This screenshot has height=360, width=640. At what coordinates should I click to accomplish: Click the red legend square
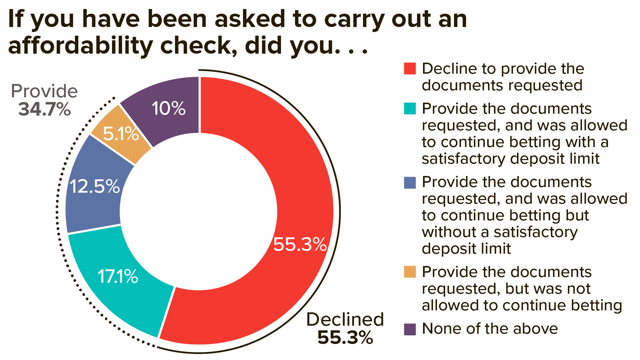410,68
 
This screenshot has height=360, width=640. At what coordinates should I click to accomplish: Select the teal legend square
410,108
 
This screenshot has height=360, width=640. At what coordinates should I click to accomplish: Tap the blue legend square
410,182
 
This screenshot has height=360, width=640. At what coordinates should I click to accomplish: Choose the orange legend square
410,272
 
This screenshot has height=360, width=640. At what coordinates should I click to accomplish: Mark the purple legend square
410,329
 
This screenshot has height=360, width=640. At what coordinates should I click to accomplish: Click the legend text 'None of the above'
490,329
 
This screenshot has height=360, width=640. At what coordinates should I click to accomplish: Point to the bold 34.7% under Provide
45,109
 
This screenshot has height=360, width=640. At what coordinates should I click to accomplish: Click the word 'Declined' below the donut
345,319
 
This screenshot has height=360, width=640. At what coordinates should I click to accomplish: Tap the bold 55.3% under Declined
345,338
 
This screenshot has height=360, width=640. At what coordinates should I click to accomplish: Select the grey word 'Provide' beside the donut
44,91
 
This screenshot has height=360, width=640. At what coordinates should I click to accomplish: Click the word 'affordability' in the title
80,46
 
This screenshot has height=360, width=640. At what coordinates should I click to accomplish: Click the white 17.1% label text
118,277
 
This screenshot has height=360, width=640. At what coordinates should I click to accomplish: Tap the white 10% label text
168,109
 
